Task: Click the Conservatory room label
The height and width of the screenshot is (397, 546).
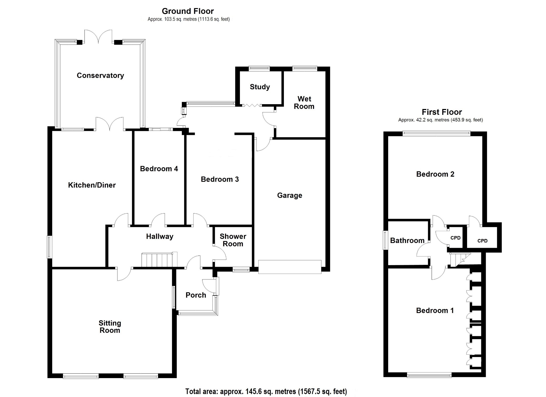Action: (100, 75)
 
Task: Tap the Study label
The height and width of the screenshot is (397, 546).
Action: (260, 87)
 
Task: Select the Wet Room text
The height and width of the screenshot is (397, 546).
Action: (304, 103)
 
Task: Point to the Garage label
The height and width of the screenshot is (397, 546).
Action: (290, 196)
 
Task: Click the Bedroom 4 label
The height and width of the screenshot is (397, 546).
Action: (159, 169)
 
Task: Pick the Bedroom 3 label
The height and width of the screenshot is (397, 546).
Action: (220, 179)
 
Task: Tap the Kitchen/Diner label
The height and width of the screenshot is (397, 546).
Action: (92, 185)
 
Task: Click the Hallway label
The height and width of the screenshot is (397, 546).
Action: (160, 237)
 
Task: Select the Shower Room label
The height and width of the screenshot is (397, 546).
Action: (233, 240)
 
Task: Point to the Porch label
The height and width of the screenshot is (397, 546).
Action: (196, 295)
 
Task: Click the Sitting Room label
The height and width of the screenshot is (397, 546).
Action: (110, 327)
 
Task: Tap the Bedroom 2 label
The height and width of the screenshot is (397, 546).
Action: (435, 174)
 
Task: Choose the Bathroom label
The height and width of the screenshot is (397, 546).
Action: (407, 241)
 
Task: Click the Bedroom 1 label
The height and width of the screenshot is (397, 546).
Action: (435, 311)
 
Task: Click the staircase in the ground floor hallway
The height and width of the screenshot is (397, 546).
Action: (159, 260)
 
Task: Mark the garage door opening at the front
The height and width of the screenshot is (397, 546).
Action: (290, 267)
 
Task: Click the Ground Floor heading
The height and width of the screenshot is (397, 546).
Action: (188, 11)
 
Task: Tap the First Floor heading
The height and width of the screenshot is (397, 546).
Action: (442, 112)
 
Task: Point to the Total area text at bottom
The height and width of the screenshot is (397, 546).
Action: (266, 391)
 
